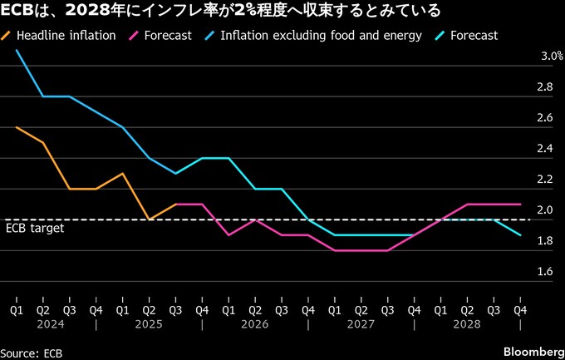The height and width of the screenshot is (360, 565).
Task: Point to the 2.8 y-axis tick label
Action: tap(545, 87)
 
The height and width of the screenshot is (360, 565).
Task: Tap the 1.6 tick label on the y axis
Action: tap(545, 271)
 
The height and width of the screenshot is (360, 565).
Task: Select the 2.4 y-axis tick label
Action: tap(545, 149)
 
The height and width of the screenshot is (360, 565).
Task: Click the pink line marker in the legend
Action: tap(134, 36)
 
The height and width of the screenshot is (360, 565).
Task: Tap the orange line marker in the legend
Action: tap(7, 36)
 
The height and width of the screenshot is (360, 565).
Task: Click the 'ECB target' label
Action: tap(35, 228)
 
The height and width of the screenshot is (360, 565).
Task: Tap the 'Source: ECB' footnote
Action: tap(32, 353)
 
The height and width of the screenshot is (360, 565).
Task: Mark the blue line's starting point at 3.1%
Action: tap(16, 51)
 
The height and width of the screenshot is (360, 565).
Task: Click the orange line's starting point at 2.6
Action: tap(16, 127)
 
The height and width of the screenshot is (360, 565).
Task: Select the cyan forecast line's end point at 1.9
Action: tap(520, 235)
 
